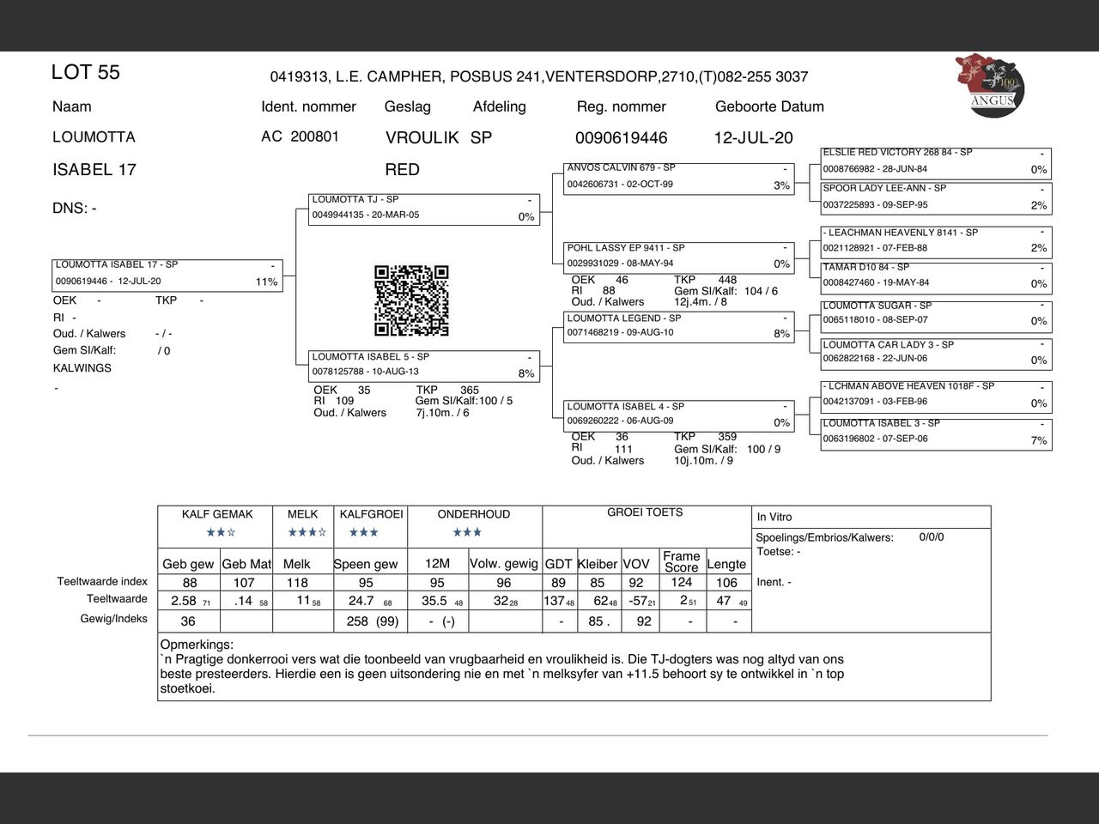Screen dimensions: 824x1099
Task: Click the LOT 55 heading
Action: coord(86,73)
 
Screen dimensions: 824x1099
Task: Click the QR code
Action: coord(411,300)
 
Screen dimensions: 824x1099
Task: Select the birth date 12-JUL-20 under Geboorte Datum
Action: coord(753,138)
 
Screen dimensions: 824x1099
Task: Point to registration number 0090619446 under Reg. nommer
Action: coord(621,138)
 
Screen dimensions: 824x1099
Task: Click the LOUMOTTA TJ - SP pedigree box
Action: coord(425,209)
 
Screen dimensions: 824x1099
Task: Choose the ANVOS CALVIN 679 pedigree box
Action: coord(678,178)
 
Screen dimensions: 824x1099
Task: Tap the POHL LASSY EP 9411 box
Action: coord(678,257)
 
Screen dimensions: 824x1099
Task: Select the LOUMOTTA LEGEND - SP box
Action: coord(678,327)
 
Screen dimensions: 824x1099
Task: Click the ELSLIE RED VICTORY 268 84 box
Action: coord(935,161)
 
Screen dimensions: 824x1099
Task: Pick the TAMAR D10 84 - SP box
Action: coord(935,276)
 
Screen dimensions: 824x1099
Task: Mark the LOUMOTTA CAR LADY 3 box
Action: coord(935,353)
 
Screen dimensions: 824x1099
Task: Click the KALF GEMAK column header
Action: coord(217,514)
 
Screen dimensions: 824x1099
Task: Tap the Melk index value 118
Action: coord(297,583)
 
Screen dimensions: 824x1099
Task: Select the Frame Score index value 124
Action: coord(682,583)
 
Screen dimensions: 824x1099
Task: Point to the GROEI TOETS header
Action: coord(645,512)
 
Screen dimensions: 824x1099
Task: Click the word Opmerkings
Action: coord(197,644)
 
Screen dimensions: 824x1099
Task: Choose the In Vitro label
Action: coord(774,517)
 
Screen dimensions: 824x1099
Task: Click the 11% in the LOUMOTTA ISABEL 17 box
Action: coord(266,282)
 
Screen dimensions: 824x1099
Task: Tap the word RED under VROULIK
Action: coord(403,170)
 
